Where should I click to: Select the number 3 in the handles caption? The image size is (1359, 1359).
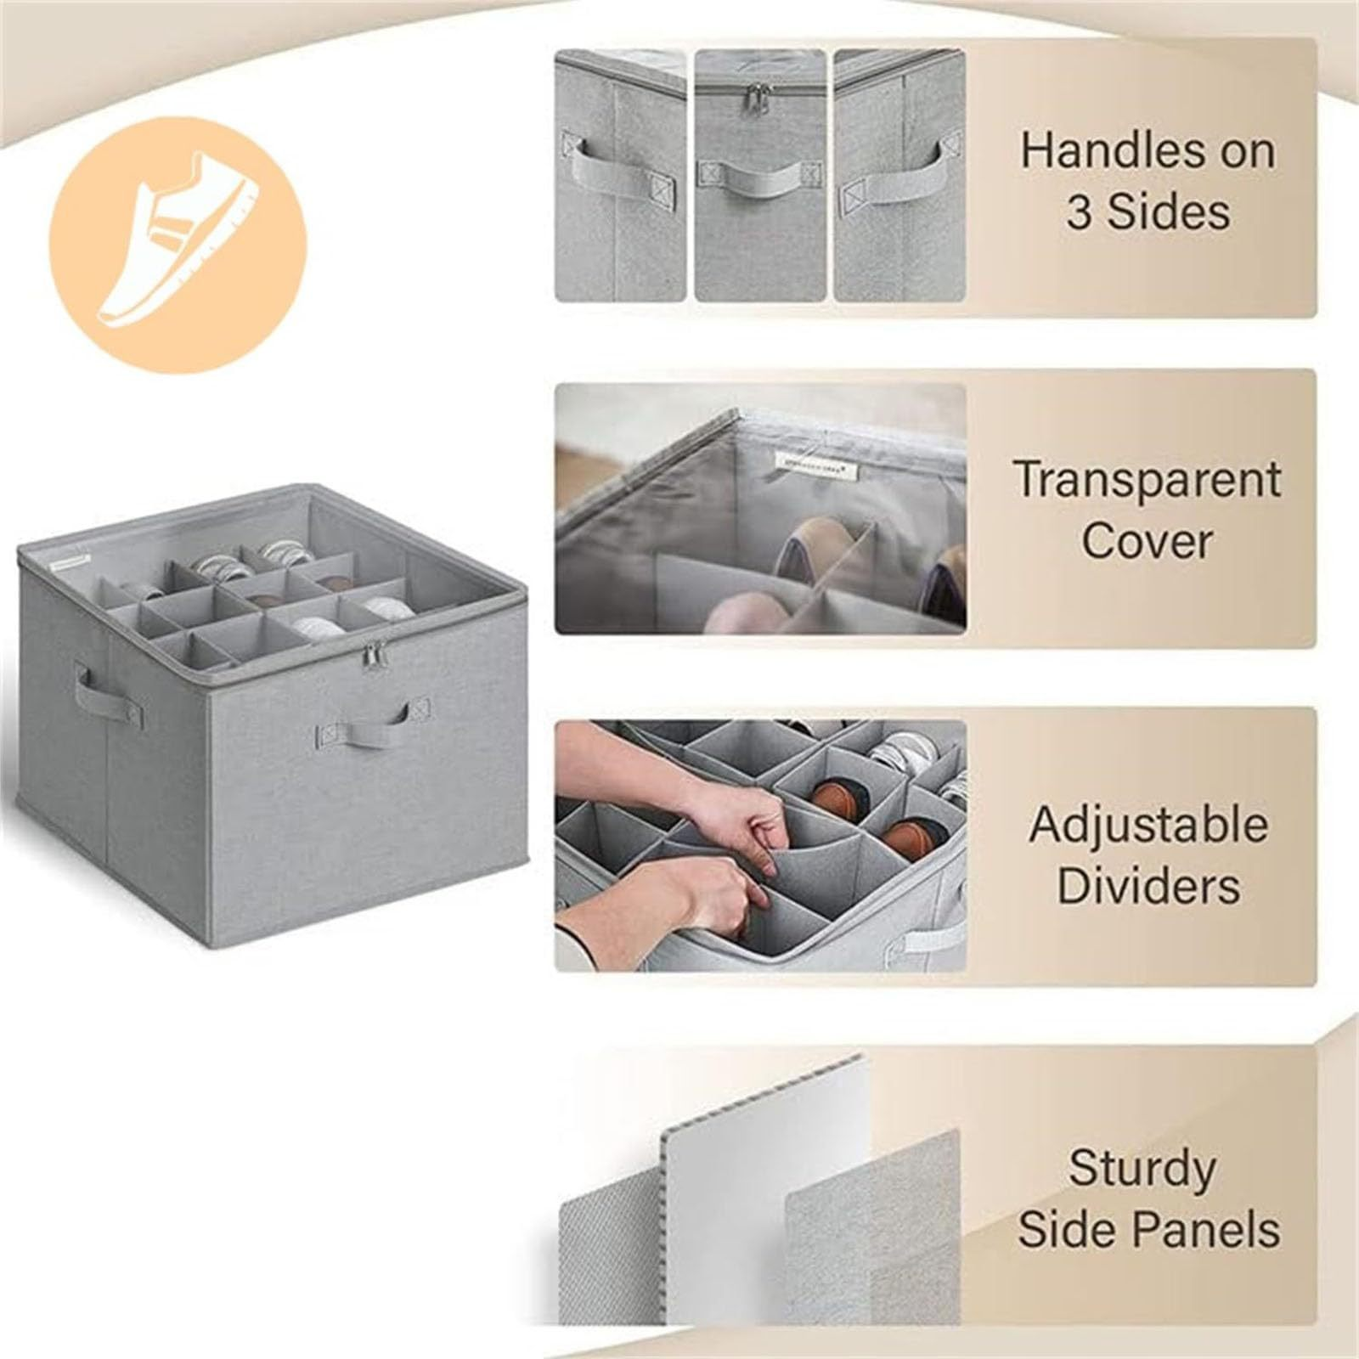1081,211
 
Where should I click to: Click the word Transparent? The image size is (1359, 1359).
1148,480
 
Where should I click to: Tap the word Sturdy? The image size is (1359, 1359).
1142,1169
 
